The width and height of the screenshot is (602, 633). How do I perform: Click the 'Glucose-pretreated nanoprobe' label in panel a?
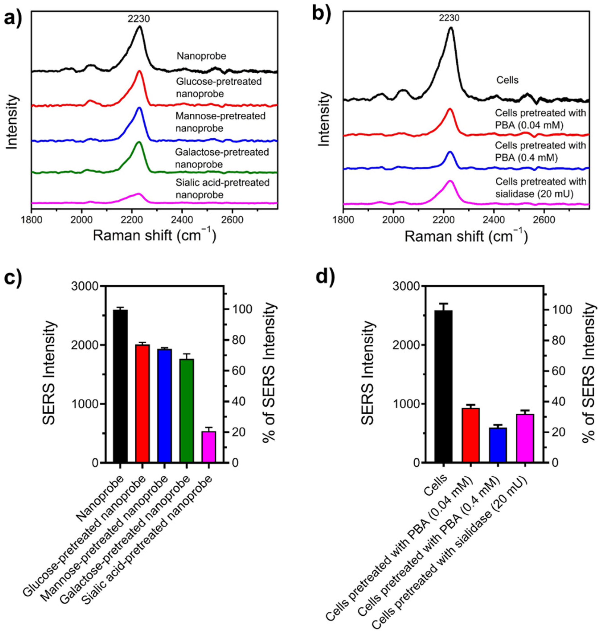tap(219, 88)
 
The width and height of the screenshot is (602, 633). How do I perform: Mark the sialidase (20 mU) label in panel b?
tap(541, 187)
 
